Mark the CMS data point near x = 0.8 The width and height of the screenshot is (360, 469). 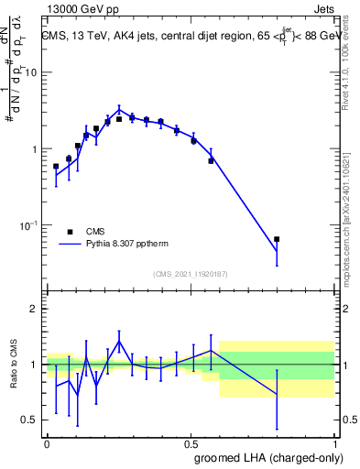[277, 239]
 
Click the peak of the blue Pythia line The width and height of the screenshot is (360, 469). [119, 108]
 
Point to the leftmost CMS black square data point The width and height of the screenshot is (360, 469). [56, 167]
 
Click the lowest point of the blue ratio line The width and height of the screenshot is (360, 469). [77, 398]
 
